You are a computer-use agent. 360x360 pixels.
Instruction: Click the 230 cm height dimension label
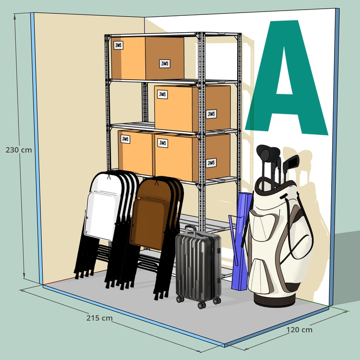tap(19, 150)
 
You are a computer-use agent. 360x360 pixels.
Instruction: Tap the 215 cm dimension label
tap(99, 318)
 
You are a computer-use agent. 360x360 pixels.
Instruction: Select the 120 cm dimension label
tap(299, 330)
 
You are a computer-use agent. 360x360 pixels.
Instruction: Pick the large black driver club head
tap(268, 153)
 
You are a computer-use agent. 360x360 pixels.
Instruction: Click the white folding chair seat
tap(102, 216)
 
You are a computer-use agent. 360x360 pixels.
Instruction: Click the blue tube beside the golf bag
tap(240, 241)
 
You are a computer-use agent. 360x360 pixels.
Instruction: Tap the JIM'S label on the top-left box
tap(119, 45)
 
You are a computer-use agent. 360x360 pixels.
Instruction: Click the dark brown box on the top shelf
tap(165, 58)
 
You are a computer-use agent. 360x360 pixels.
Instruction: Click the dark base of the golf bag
tap(274, 300)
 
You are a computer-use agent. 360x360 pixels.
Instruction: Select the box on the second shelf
tap(192, 108)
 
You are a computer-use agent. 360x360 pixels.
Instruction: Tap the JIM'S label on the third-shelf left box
tap(125, 139)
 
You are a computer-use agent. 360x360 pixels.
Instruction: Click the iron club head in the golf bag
tap(291, 161)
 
